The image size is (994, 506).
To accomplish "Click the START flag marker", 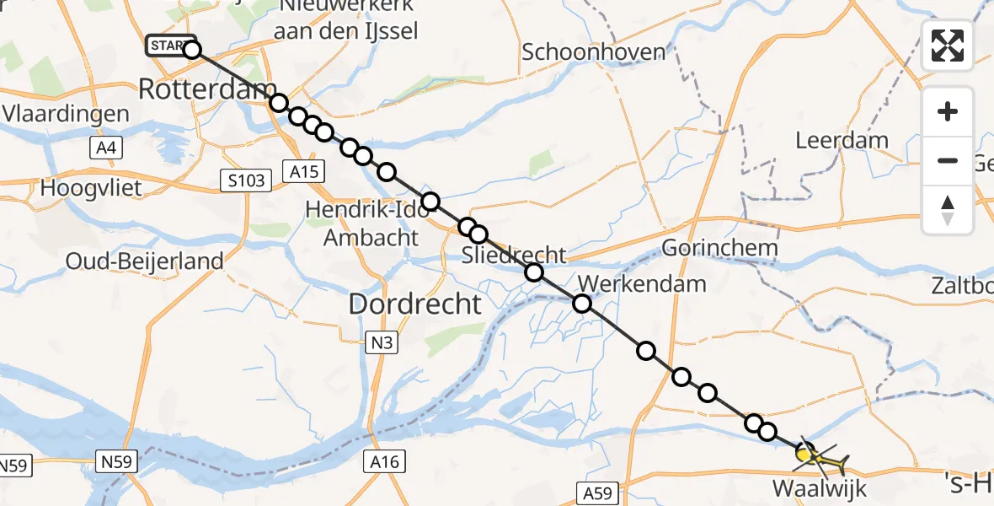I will [x=171, y=46].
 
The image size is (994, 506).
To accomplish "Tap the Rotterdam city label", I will [x=207, y=89].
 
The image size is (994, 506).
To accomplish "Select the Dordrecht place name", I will [x=414, y=304].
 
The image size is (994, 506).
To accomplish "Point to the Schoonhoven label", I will [x=593, y=51].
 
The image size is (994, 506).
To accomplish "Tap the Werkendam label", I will [x=643, y=283].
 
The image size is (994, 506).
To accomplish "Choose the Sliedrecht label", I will [x=514, y=255].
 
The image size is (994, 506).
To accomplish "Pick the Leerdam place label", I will [x=842, y=140].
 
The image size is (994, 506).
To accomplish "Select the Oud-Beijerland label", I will [x=145, y=261].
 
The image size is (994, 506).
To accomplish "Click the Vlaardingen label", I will [x=66, y=114].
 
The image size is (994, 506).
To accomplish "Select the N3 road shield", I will [x=381, y=342].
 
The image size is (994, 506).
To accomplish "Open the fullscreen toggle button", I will [x=948, y=46].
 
